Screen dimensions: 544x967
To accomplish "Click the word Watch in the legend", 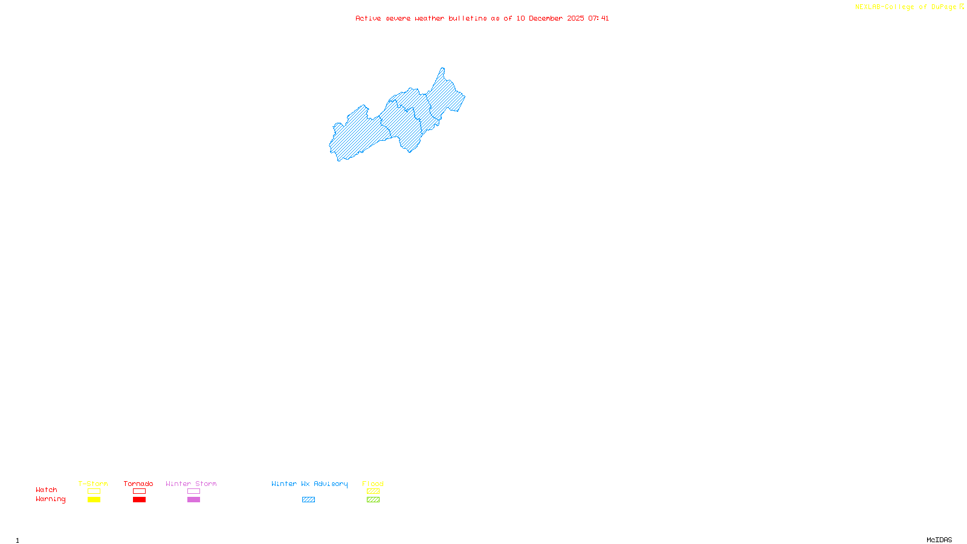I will coord(47,490).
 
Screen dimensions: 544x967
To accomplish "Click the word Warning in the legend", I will coord(50,499).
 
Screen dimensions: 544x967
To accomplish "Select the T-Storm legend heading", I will coord(93,484).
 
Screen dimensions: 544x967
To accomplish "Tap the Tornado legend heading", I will coord(138,484).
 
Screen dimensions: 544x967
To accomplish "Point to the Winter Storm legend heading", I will coord(191,484).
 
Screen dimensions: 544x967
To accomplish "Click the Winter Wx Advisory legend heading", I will coord(309,484).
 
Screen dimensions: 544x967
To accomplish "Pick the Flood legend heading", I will coord(373,484).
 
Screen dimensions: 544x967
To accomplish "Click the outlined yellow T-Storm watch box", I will coord(94,491).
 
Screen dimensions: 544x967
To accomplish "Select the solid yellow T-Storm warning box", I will coord(94,500).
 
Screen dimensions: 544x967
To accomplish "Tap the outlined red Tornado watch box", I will coord(139,491).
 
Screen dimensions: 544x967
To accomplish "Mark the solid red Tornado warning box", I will coord(139,500).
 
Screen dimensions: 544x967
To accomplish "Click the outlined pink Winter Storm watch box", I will coord(193,491).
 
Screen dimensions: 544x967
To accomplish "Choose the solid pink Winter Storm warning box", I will coord(193,500).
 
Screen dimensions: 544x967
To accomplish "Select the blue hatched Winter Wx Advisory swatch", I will coord(308,500).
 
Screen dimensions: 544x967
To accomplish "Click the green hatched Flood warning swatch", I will coord(373,500).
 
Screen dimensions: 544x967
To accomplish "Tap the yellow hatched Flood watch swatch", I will coord(373,491).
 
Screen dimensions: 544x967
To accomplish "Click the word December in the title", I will coord(546,18).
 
